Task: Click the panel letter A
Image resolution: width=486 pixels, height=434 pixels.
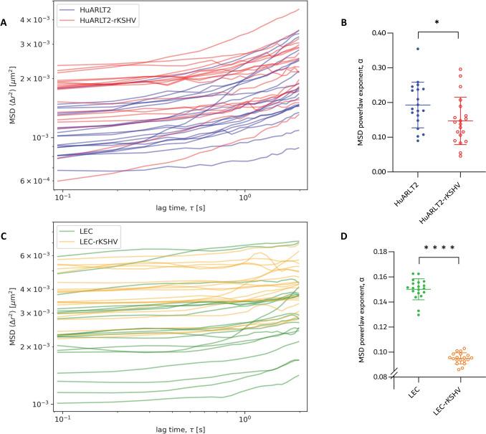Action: coord(5,23)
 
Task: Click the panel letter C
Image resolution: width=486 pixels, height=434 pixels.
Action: coord(5,235)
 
